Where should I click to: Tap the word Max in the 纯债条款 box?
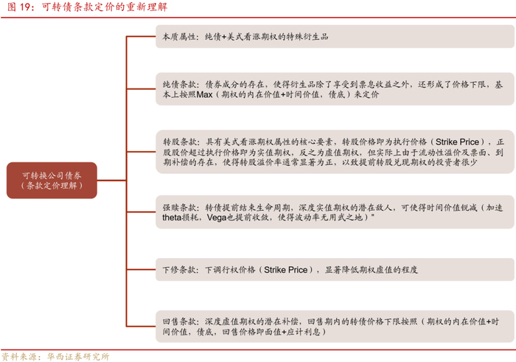(204, 96)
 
